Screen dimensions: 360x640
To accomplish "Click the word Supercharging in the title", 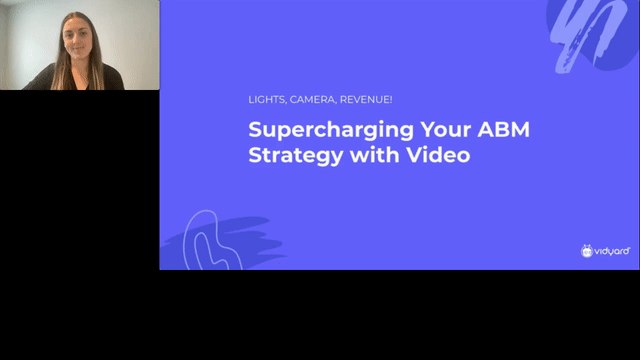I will click(x=311, y=131).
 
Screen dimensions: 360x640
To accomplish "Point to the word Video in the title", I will click(x=441, y=156).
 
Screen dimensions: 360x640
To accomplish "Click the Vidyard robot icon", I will click(x=587, y=250).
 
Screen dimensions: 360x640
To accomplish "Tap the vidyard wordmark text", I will click(x=612, y=250).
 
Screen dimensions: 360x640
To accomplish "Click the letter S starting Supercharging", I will click(x=254, y=131).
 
